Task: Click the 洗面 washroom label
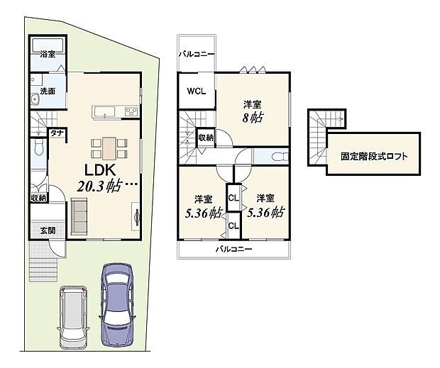(48, 91)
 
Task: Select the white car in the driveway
(73, 316)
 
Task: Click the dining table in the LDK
(108, 147)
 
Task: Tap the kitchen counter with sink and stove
(115, 112)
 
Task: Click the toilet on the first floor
(38, 149)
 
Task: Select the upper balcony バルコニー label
(197, 53)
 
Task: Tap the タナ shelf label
(54, 133)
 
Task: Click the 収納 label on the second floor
(206, 138)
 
